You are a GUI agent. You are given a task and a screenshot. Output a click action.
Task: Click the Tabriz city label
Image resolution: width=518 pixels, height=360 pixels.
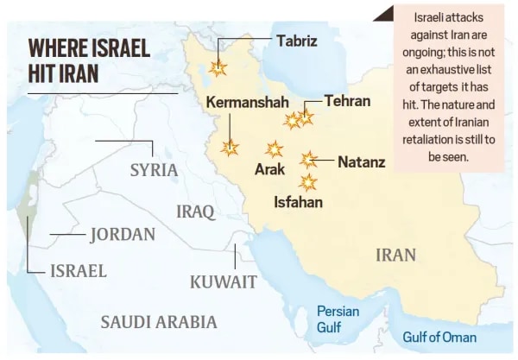(296, 41)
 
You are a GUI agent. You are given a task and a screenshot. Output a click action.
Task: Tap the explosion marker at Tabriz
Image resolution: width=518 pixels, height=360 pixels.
(218, 67)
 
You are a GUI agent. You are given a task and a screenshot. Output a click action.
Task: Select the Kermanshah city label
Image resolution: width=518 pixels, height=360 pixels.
(246, 103)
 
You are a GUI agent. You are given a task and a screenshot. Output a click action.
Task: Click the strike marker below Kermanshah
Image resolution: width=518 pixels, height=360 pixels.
(231, 148)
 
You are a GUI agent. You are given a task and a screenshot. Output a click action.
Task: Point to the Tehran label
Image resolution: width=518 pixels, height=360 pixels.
(347, 101)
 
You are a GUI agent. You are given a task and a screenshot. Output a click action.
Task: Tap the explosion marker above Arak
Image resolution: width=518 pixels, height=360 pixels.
(275, 148)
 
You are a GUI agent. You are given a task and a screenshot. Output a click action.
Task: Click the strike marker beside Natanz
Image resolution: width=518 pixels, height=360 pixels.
(308, 159)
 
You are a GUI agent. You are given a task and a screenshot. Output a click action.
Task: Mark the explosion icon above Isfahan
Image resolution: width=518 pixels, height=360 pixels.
(308, 182)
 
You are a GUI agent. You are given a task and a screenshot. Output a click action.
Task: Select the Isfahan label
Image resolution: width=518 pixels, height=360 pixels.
(298, 203)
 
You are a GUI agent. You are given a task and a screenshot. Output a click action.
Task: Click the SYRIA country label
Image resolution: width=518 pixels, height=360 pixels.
(154, 170)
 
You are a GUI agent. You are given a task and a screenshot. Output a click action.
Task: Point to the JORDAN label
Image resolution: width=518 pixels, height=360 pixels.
(123, 234)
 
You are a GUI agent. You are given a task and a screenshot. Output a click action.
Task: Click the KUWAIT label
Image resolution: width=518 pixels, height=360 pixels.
(223, 281)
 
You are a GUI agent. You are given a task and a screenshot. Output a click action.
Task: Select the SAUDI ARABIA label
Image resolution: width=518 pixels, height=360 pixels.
(159, 322)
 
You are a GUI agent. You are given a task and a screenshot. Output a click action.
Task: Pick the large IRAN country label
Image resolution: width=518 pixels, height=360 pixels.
(395, 255)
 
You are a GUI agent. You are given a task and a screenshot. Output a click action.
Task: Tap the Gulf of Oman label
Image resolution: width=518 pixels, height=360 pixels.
(439, 338)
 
